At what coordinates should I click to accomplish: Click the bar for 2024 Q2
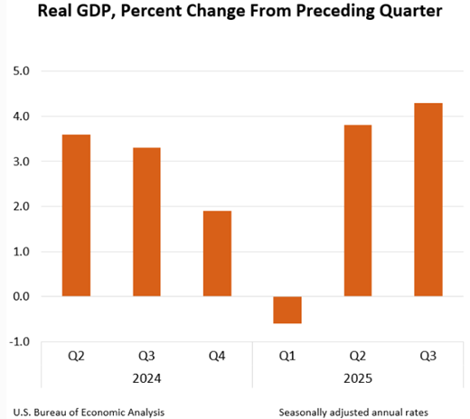coord(75,215)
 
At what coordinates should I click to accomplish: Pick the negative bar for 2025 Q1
coord(287,310)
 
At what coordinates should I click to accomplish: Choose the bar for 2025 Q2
coord(358,210)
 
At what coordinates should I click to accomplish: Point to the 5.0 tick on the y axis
coord(19,71)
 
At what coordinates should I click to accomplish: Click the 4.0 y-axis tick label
coord(19,116)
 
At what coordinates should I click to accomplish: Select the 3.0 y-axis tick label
coord(19,162)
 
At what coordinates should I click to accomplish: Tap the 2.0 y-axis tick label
coord(19,207)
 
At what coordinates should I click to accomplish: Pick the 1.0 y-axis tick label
coord(19,252)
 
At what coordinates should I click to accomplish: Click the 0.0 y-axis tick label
coord(19,297)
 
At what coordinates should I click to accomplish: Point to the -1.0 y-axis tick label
coord(17,341)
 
